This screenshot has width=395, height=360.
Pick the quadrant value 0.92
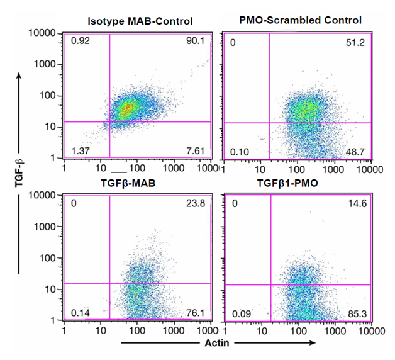79,42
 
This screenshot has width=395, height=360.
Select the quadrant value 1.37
79,150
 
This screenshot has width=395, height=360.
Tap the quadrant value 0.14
79,312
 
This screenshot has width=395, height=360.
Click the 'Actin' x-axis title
217,343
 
